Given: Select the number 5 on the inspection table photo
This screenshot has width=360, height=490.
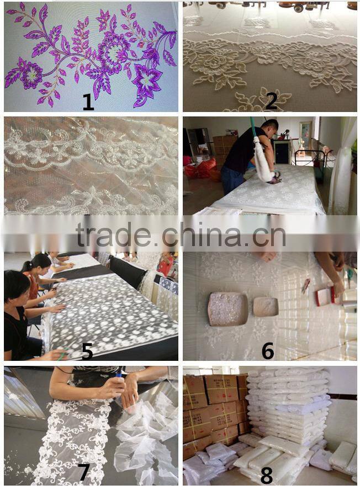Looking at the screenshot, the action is pyautogui.click(x=87, y=351).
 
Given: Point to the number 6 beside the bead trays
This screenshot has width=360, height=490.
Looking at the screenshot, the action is pyautogui.click(x=268, y=350).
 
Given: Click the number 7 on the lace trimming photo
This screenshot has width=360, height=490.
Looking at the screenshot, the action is pyautogui.click(x=83, y=472).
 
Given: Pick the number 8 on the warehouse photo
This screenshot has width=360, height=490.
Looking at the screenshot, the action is pyautogui.click(x=267, y=476).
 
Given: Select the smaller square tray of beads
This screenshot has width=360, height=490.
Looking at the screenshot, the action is pyautogui.click(x=266, y=307).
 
